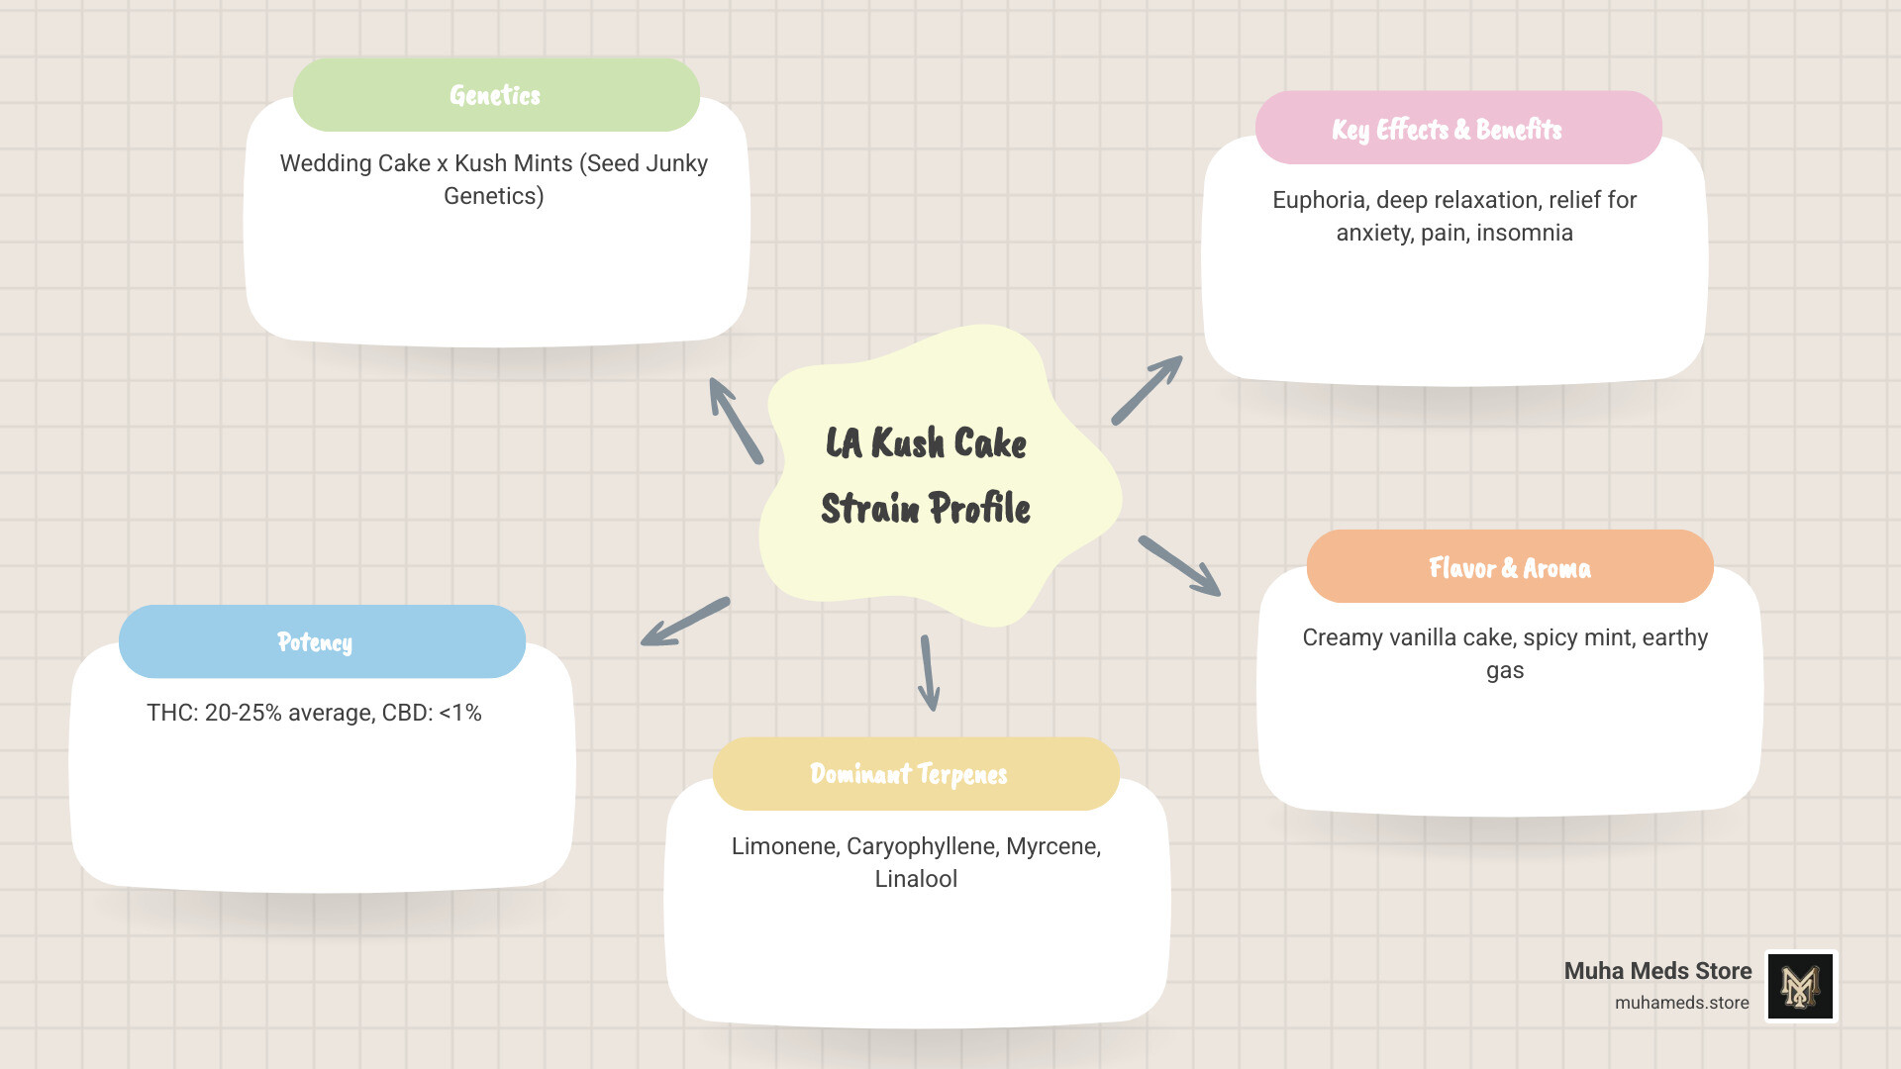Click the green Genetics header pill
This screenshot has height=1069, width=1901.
point(496,95)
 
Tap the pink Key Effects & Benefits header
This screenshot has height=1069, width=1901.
point(1457,129)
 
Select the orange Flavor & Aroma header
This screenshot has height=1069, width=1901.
point(1509,567)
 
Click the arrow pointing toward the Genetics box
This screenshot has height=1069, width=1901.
point(736,421)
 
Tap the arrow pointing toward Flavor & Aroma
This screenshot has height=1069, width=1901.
point(1179,566)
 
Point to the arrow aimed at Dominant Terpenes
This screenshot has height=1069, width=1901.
point(928,673)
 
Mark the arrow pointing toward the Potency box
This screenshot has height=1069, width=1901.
point(685,622)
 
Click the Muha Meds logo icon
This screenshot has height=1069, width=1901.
point(1801,986)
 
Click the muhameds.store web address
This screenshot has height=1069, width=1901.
point(1681,1003)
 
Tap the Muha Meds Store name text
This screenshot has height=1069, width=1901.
point(1657,971)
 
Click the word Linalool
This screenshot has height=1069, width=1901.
point(916,879)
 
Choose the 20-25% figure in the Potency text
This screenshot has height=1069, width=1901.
point(243,713)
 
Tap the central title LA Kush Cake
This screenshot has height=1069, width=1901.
point(926,443)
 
